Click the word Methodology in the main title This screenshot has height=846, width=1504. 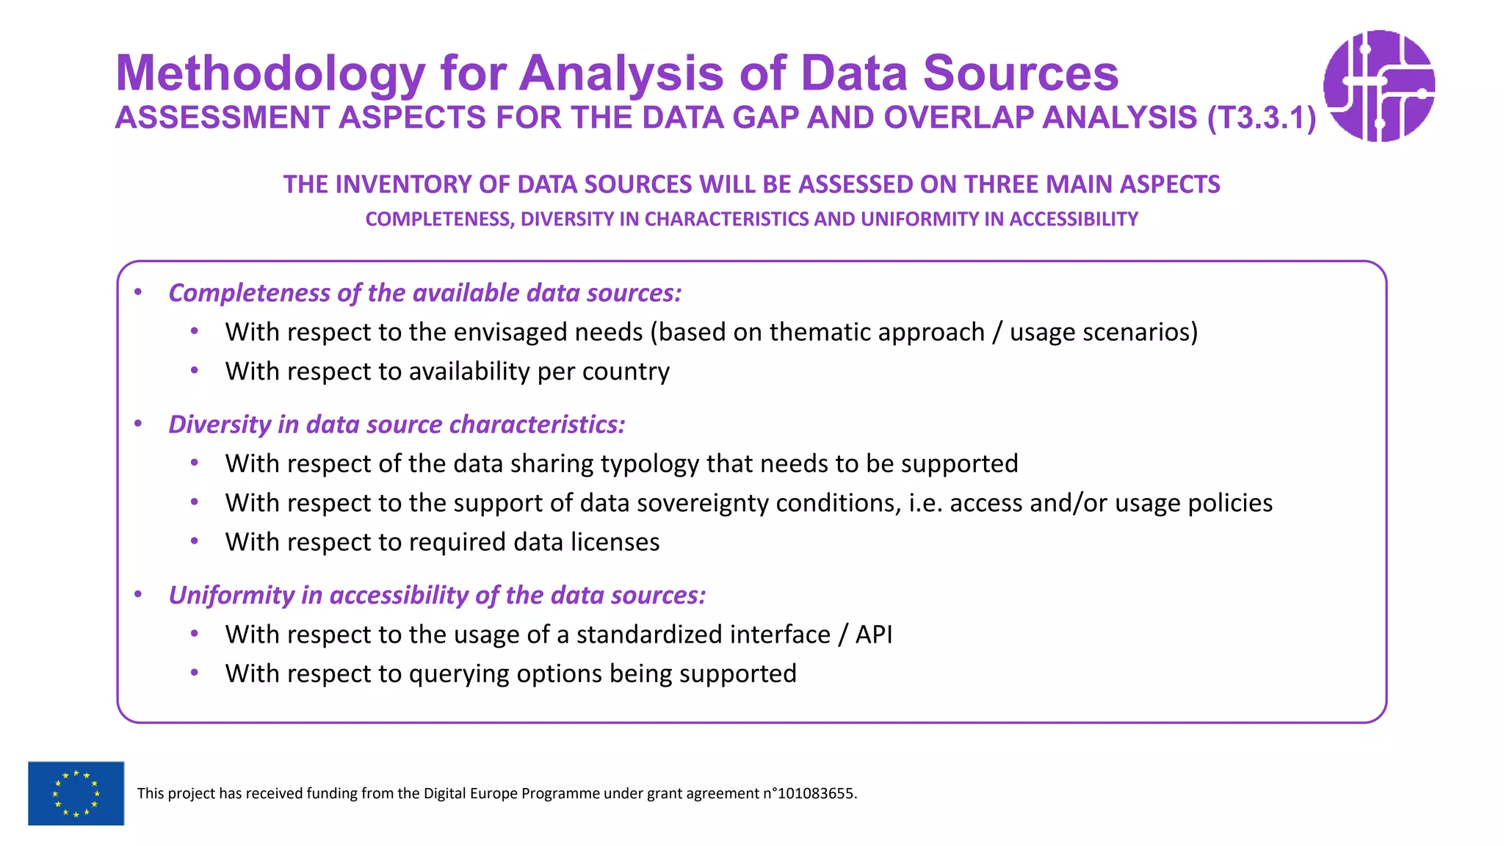[270, 73]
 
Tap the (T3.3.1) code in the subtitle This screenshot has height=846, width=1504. [1262, 118]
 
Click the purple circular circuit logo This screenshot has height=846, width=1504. [1378, 86]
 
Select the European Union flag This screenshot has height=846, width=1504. [76, 793]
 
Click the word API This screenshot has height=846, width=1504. [873, 634]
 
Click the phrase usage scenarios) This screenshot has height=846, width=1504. [1103, 333]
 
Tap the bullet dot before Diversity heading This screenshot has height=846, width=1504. [138, 424]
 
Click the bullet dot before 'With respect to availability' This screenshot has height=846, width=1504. [195, 371]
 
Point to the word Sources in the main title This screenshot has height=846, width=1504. [1020, 73]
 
